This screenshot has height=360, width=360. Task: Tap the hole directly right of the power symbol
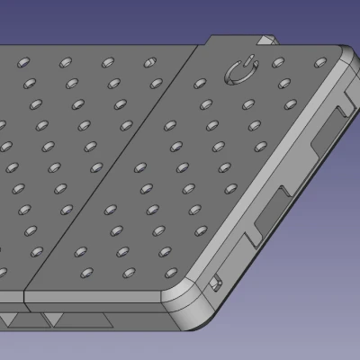[x=277, y=62]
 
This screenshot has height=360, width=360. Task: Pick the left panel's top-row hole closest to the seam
[x=149, y=62]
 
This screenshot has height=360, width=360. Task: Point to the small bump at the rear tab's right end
[x=267, y=40]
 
